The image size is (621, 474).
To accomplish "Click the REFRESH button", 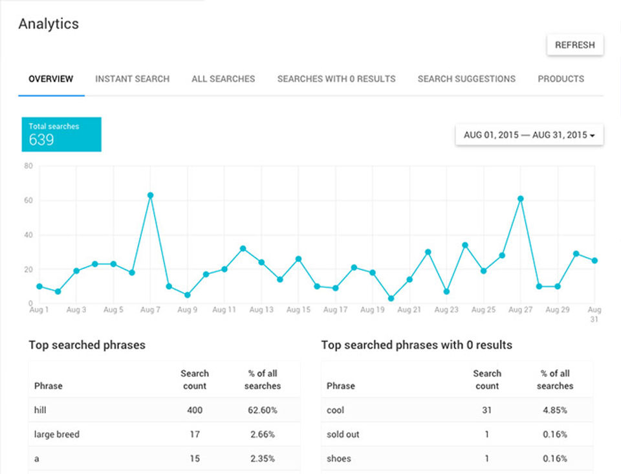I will (x=574, y=45).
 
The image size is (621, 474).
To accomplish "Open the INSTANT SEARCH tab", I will (x=132, y=79).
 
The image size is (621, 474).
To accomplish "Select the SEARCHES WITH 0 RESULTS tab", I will (x=336, y=79).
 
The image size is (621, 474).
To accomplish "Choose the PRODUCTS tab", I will (x=561, y=79).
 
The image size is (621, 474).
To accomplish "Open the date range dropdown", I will (x=529, y=135).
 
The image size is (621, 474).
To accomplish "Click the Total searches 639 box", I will (x=61, y=134).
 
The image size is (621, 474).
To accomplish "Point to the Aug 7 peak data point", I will (x=150, y=195).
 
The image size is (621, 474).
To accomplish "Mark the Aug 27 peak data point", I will (x=521, y=199).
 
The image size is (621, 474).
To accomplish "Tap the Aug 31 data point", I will (x=594, y=261).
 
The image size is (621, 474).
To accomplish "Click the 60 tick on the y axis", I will (x=28, y=200).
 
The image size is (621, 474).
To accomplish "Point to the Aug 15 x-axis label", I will (x=298, y=310).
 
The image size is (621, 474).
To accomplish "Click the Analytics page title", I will (x=49, y=24).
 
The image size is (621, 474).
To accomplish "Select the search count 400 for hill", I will (x=195, y=410).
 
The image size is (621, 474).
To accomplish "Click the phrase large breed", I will (x=57, y=435).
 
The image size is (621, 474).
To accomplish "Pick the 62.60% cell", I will (x=263, y=410).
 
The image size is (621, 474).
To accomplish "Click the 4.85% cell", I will (x=555, y=410).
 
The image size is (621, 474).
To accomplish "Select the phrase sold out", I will (x=343, y=435).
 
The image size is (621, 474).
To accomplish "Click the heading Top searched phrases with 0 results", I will (x=417, y=345).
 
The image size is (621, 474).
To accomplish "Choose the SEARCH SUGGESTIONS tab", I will (x=466, y=79).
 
